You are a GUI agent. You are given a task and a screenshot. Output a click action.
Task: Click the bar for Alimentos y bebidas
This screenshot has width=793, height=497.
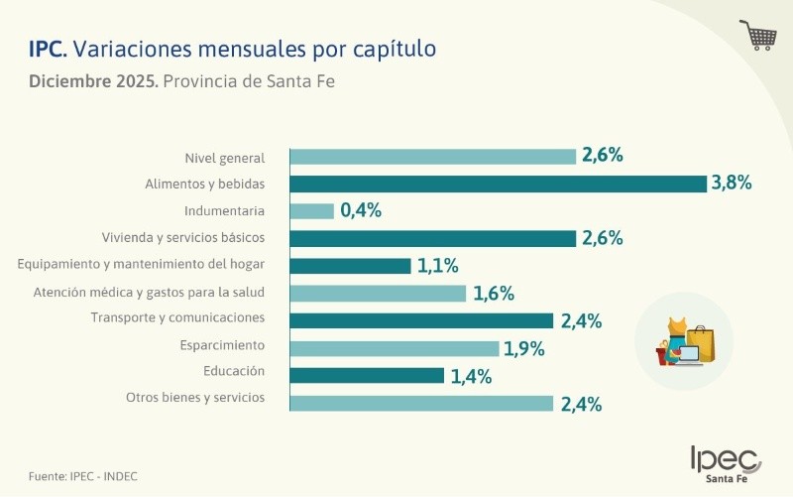coord(498,184)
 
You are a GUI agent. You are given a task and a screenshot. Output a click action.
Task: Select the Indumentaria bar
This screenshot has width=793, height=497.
coord(312,211)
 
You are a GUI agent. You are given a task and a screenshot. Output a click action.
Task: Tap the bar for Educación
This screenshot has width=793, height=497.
coord(367,375)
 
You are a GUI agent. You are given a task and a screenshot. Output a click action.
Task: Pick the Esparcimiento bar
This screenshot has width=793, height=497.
coord(395,348)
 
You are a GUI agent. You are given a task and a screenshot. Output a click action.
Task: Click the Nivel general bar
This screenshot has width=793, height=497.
coord(432,156)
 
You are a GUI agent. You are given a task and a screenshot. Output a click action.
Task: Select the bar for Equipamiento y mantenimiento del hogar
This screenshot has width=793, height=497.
coord(350,266)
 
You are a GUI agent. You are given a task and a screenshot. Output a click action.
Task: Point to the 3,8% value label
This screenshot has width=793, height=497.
coord(732,183)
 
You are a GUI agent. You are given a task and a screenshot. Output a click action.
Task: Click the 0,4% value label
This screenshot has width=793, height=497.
coord(361,210)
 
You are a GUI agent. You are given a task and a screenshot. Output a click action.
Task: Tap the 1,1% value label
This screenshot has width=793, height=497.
coord(437,266)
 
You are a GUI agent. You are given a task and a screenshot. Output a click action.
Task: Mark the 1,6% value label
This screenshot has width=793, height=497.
coord(493,294)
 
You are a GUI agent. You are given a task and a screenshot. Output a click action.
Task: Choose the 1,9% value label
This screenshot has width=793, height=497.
coord(525,348)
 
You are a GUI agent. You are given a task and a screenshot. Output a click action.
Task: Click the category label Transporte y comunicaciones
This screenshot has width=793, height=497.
coord(177,317)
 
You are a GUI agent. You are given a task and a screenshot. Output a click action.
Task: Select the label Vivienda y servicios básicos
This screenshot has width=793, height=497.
coord(183,238)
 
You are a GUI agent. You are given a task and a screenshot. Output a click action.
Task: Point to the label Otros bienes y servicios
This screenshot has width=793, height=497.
coord(195,397)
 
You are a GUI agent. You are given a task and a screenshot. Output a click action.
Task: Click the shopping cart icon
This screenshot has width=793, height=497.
coord(758,35)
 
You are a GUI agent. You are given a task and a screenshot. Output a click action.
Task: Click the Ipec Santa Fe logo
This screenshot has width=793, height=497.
coord(726,463)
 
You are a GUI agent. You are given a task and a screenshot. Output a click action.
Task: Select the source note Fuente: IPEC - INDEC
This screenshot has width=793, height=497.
coord(83,476)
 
